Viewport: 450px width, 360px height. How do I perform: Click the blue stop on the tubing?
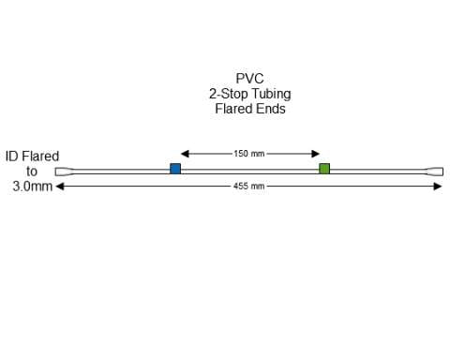[x=175, y=169]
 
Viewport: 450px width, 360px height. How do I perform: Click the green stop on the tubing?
[x=324, y=169]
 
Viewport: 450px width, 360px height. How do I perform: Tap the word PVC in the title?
[x=249, y=79]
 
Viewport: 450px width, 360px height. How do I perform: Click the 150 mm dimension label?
[x=249, y=154]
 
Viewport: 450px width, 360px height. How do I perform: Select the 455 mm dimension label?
[x=249, y=187]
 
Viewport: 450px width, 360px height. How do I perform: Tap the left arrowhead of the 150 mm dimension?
[x=185, y=154]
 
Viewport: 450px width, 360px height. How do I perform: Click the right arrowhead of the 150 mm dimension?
[x=316, y=154]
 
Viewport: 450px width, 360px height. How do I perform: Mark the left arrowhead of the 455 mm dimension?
[x=61, y=187]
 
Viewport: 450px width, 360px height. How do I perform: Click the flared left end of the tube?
[x=64, y=172]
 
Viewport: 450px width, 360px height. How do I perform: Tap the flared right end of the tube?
[x=435, y=172]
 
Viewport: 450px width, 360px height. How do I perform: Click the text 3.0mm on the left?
[x=32, y=187]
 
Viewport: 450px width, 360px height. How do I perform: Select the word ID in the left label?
[x=12, y=157]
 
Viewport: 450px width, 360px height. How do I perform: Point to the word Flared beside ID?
[x=40, y=157]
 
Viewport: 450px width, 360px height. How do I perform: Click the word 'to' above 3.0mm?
[x=32, y=172]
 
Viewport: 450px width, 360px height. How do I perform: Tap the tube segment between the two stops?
[x=249, y=170]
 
